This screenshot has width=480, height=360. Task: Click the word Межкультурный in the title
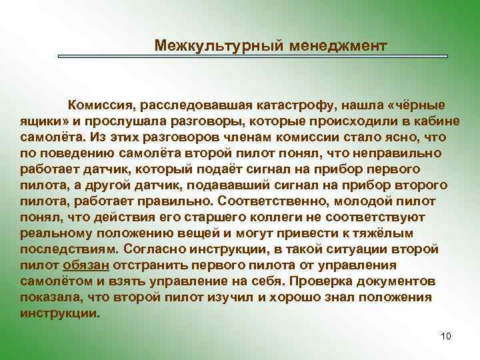click(x=207, y=46)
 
